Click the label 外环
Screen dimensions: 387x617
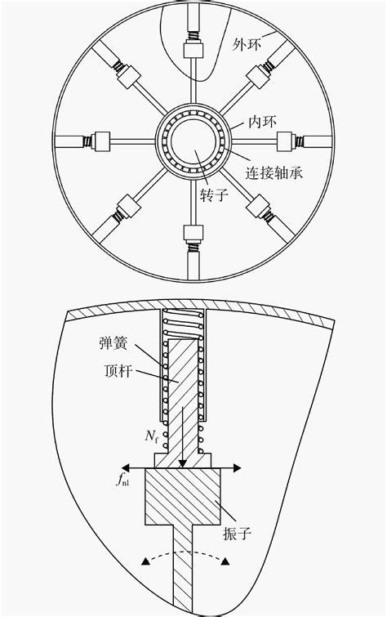pos(247,44)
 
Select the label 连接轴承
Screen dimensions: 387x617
pos(274,172)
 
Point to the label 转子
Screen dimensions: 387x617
pos(214,194)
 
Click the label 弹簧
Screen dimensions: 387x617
pos(113,343)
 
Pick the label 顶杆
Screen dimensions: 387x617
pos(119,371)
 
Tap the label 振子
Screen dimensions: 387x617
pos(237,533)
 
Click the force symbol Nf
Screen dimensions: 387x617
pos(151,436)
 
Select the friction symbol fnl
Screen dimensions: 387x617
pos(122,480)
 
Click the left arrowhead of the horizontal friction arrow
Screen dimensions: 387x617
pos(126,467)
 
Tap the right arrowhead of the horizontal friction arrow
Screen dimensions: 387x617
pos(237,467)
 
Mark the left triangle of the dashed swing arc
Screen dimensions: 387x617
pos(146,561)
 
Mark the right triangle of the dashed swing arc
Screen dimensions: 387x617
pos(225,561)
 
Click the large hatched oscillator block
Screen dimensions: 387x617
pos(183,497)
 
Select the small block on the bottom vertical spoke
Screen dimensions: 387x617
pos(193,234)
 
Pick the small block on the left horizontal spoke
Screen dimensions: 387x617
pos(101,141)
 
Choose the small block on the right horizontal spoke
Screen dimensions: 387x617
pos(285,141)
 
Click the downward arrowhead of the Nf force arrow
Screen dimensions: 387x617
pos(182,464)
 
